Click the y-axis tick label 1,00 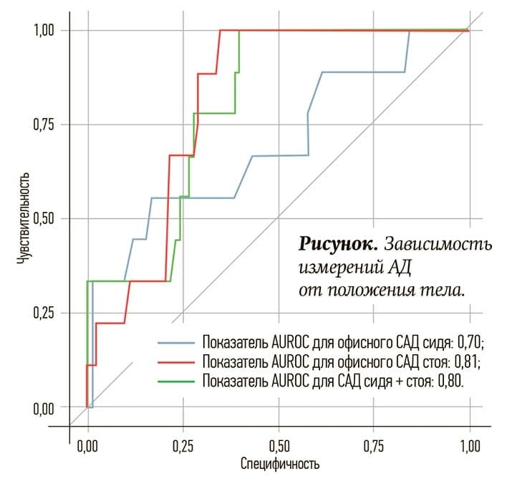(x=44, y=30)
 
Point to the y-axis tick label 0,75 (x=44, y=125)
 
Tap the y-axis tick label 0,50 (x=44, y=218)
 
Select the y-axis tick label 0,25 (x=44, y=313)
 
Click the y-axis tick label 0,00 (x=44, y=407)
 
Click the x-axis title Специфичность (x=279, y=465)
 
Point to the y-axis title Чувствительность (x=24, y=218)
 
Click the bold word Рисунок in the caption (x=338, y=244)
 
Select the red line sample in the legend (x=175, y=361)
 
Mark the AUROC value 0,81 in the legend (x=468, y=361)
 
